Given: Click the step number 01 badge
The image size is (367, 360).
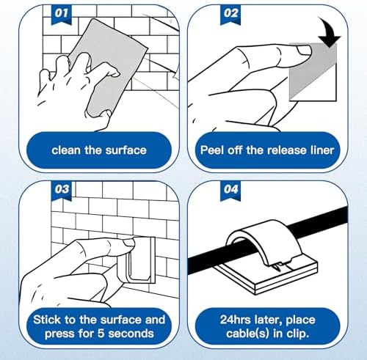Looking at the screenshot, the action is point(61,14).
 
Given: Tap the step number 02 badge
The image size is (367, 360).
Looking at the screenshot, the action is point(230,14).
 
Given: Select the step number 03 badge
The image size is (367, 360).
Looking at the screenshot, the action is point(61,190).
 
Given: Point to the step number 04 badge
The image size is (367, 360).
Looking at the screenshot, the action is point(230,190).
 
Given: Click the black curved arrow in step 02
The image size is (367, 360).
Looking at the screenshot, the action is point(329,32).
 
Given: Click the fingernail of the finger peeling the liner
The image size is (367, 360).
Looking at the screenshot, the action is point(304,51).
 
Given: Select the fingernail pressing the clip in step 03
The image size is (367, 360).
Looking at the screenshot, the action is point(128,243).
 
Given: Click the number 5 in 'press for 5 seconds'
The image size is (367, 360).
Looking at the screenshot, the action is point(101,334).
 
